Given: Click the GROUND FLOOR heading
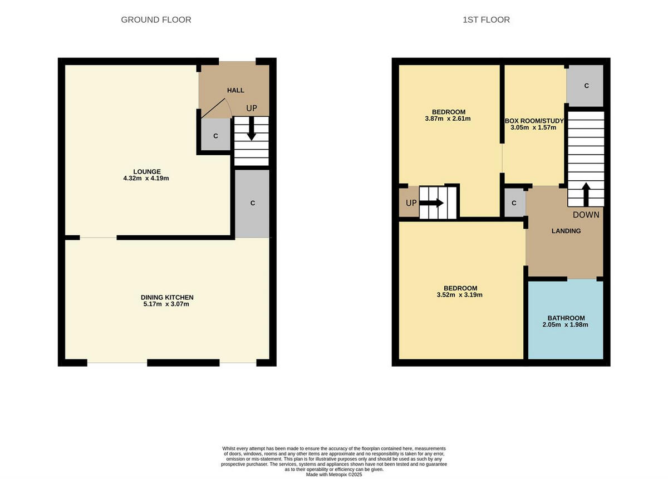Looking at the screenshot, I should click(x=156, y=20).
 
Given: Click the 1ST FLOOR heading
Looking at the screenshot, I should click(x=486, y=20).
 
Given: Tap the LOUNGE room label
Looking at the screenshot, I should click(x=147, y=171).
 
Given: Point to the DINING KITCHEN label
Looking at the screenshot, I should click(x=167, y=297).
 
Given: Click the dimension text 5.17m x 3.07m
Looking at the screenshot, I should click(x=167, y=304).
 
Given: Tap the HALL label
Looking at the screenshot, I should click(x=235, y=90).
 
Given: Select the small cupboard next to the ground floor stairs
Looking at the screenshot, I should click(x=215, y=136).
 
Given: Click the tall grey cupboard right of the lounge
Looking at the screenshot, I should click(x=252, y=203).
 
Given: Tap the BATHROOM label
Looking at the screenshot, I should click(x=566, y=318).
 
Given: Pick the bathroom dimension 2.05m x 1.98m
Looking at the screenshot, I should click(x=566, y=325).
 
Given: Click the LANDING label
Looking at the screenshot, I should click(x=566, y=231).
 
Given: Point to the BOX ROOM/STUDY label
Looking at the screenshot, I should click(x=534, y=121).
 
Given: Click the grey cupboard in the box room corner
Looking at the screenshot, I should click(x=586, y=86).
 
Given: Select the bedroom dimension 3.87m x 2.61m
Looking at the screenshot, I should click(x=448, y=118).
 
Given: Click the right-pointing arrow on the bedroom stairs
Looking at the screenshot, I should click(x=432, y=203).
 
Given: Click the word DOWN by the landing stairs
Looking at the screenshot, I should click(x=586, y=215).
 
